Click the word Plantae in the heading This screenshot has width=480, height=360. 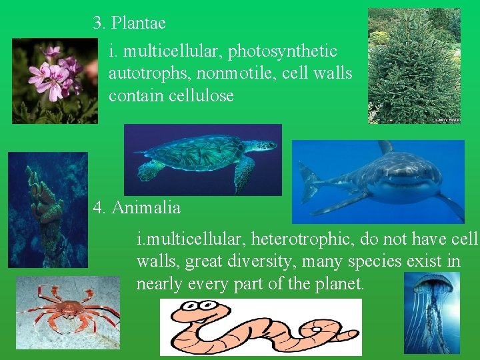[x=139, y=23]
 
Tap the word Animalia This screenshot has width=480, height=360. [x=146, y=208]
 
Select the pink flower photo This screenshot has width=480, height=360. [x=55, y=81]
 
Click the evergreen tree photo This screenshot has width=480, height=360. [x=414, y=65]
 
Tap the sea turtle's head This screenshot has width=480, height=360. [x=266, y=145]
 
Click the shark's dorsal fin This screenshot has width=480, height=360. [x=385, y=147]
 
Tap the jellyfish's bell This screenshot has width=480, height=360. [x=433, y=285]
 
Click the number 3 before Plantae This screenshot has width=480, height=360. [x=99, y=23]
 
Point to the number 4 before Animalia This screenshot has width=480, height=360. [x=99, y=208]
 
